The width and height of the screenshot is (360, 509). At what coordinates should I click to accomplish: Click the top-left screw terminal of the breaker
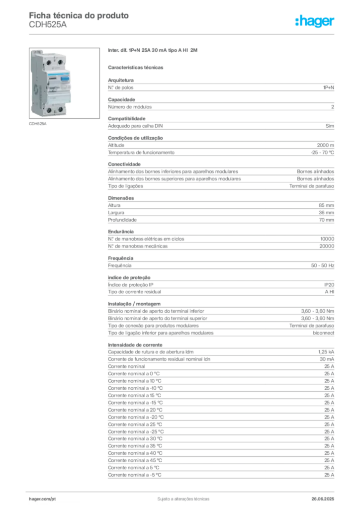pos(49,62)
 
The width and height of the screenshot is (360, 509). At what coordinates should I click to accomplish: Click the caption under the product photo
pos(38,124)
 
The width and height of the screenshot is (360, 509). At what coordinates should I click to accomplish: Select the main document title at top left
pos(80,15)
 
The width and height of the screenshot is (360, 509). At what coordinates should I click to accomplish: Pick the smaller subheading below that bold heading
pos(137,67)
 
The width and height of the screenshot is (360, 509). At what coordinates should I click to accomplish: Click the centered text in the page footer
pos(182,497)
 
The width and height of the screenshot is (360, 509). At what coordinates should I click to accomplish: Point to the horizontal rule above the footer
pos(183,490)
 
